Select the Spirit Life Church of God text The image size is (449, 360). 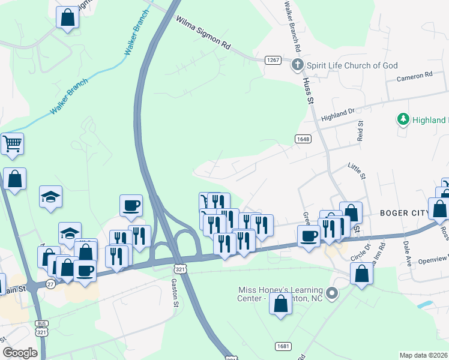(x=352, y=65)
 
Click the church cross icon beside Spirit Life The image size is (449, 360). (x=297, y=65)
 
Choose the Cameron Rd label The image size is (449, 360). (x=414, y=76)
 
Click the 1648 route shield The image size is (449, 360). (x=303, y=139)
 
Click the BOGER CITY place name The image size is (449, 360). (x=404, y=214)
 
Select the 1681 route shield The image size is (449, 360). (x=283, y=346)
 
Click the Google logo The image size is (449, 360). (x=20, y=352)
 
